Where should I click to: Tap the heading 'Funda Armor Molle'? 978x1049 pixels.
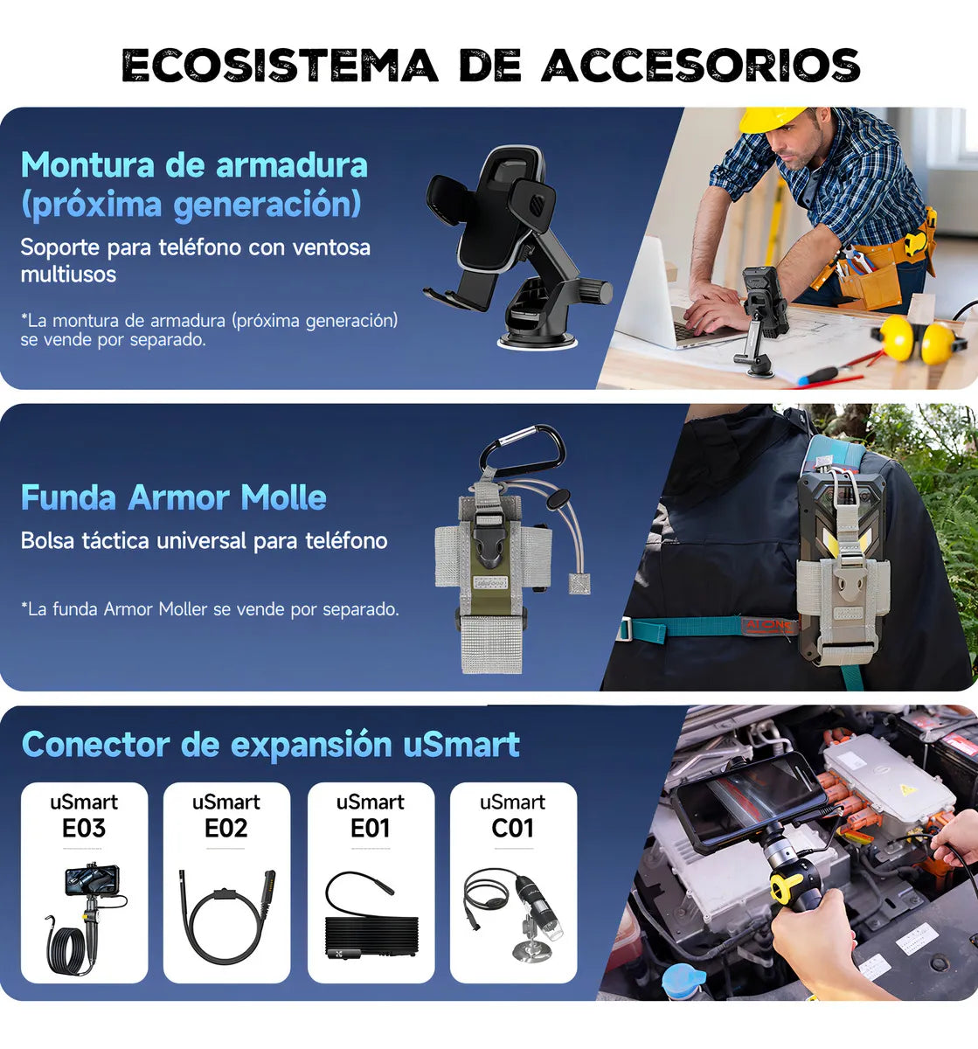173,497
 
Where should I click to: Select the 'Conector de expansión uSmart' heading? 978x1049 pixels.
270,744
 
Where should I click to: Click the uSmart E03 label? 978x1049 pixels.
84,816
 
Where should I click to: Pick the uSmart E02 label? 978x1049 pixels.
226,816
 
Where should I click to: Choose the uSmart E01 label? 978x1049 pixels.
370,816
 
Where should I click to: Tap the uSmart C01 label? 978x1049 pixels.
512,816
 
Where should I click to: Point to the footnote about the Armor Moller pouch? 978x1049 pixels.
210,609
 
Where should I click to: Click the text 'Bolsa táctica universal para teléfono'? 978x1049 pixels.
204,541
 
